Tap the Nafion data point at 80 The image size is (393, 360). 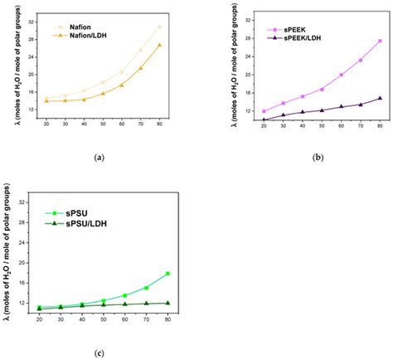(159, 27)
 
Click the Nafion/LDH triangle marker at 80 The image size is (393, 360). (159, 45)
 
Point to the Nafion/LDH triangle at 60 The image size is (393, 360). (121, 85)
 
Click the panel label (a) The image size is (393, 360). (99, 156)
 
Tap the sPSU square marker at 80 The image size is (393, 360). (168, 273)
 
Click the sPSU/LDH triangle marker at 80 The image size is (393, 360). (168, 303)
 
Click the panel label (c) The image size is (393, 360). (99, 353)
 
